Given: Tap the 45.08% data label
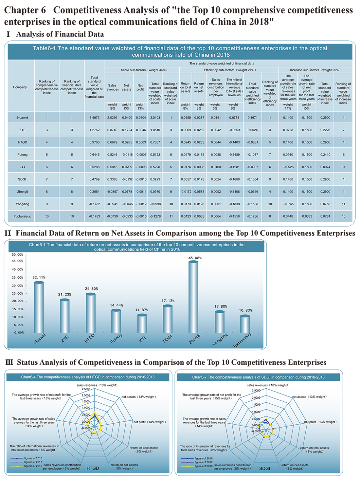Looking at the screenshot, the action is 195,258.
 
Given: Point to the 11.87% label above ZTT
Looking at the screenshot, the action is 142,310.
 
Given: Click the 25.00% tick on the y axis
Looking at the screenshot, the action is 18,293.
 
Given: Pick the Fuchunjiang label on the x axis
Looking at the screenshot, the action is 242,341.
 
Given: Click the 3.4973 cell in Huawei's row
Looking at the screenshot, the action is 94,118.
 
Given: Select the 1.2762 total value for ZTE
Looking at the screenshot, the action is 94,130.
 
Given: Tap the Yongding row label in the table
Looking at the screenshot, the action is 22,204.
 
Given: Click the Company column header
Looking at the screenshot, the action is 20,87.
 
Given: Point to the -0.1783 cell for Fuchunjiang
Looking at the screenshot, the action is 94,216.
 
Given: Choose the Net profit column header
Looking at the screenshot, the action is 140,87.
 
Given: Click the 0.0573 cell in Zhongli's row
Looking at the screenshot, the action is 199,192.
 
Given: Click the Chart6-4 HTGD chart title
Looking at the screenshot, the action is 88,377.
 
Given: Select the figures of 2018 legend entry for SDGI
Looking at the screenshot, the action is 197,466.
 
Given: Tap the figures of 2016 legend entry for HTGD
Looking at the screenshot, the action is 26,458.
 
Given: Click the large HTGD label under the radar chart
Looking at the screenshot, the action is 93,468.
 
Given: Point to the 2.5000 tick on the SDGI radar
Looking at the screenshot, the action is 256,391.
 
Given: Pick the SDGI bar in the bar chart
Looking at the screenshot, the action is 168,319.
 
